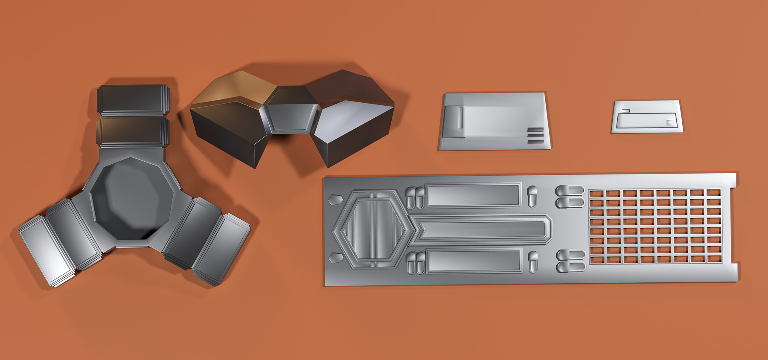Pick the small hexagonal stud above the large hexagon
[335, 199]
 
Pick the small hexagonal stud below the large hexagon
[336, 258]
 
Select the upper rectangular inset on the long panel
[473, 196]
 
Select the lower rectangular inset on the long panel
[474, 261]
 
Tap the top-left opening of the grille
[596, 194]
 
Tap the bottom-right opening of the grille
[714, 259]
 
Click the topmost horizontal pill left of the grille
[570, 190]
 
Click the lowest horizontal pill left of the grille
[570, 267]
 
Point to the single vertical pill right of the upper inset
[532, 196]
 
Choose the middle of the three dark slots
[535, 136]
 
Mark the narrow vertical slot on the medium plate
[460, 117]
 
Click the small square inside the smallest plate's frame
[670, 123]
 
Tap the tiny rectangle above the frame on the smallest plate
[625, 111]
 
